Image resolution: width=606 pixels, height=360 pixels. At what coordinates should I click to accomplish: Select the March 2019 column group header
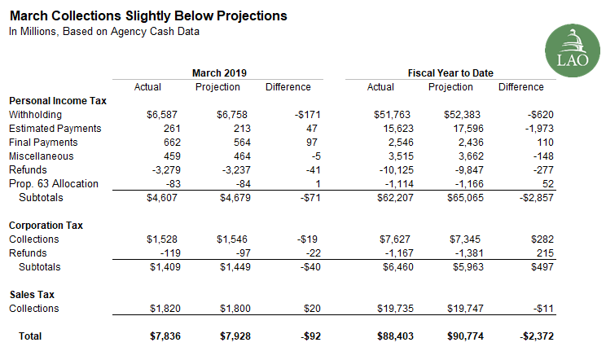click(219, 73)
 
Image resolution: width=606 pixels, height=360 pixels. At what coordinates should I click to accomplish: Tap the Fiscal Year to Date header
click(450, 73)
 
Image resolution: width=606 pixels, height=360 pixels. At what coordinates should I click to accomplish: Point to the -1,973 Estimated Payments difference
click(537, 129)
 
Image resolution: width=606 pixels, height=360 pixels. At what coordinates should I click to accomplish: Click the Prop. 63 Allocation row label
click(53, 184)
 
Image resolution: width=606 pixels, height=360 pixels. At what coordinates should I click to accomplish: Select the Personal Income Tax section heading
click(58, 100)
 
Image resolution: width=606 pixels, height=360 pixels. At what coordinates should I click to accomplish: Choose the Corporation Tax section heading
click(46, 225)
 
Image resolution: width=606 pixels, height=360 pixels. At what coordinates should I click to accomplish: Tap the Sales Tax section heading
click(32, 294)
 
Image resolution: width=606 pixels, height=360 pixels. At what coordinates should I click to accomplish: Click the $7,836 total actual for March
click(147, 336)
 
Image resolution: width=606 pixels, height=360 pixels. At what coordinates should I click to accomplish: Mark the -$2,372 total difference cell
click(534, 336)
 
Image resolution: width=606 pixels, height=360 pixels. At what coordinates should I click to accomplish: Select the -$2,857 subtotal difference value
click(534, 198)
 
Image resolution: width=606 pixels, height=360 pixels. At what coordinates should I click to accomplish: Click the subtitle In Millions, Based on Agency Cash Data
click(103, 32)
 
